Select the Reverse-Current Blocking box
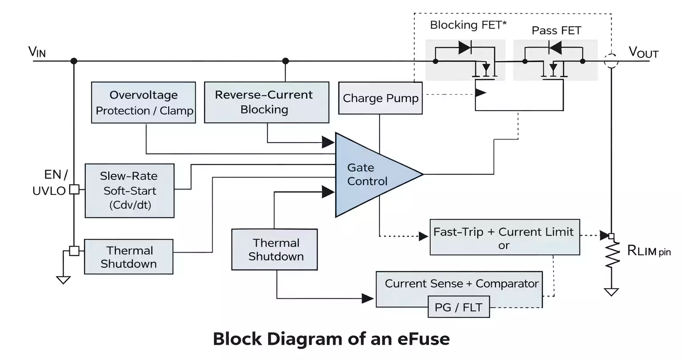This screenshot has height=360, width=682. click(266, 102)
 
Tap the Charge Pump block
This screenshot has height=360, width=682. click(380, 98)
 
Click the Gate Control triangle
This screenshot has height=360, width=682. click(369, 174)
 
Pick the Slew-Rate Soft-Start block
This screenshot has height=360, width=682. click(129, 190)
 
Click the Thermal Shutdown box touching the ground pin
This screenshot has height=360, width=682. click(128, 257)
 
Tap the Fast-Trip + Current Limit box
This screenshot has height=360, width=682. click(504, 237)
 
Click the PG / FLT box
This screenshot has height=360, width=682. click(458, 308)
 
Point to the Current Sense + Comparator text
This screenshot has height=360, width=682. click(461, 284)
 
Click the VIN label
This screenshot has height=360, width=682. click(37, 52)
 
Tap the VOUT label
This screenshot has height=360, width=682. click(643, 52)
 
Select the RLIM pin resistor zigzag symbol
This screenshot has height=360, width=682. click(612, 255)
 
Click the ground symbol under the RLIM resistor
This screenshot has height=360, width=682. click(611, 292)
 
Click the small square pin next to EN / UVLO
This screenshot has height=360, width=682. click(74, 190)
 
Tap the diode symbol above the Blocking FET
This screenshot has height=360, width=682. click(465, 47)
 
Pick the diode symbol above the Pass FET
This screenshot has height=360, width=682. click(555, 47)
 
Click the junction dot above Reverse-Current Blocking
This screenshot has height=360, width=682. click(285, 61)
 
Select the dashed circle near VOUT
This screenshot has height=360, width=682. click(611, 61)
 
